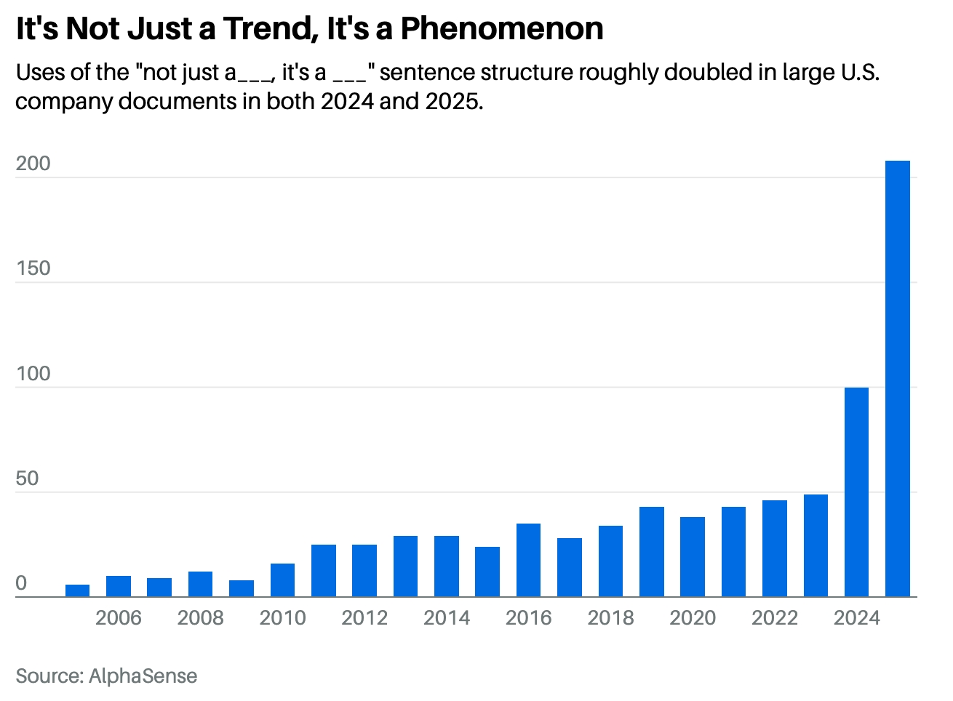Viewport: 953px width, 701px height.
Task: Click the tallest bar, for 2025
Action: tap(897, 378)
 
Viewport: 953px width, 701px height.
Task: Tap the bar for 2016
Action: tap(528, 560)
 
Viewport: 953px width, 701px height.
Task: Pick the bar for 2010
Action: tap(282, 580)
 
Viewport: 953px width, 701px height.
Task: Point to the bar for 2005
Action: tap(77, 590)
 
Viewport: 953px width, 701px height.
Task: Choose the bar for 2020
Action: tap(693, 556)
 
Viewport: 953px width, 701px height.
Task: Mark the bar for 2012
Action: tap(364, 570)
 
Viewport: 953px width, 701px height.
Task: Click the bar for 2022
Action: tap(774, 548)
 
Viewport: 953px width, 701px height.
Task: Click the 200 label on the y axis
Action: tap(33, 164)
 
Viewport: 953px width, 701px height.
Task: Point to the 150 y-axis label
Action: tap(33, 268)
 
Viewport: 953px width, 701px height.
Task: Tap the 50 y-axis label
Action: tap(27, 478)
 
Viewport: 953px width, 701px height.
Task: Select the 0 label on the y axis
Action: tap(21, 583)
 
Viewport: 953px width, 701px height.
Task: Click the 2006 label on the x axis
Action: tap(119, 618)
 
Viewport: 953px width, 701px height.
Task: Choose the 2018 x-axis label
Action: tap(610, 618)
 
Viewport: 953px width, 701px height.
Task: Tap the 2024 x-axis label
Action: tap(856, 618)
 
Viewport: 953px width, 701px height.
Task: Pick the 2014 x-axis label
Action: tap(447, 618)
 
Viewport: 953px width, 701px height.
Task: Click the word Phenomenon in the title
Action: tap(502, 29)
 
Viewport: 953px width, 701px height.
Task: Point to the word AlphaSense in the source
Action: tap(143, 676)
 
